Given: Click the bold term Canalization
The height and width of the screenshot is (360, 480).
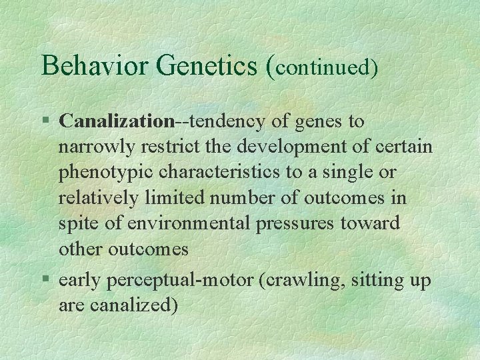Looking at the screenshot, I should point(116,121).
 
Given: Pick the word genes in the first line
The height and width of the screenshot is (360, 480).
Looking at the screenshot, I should point(315,123).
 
